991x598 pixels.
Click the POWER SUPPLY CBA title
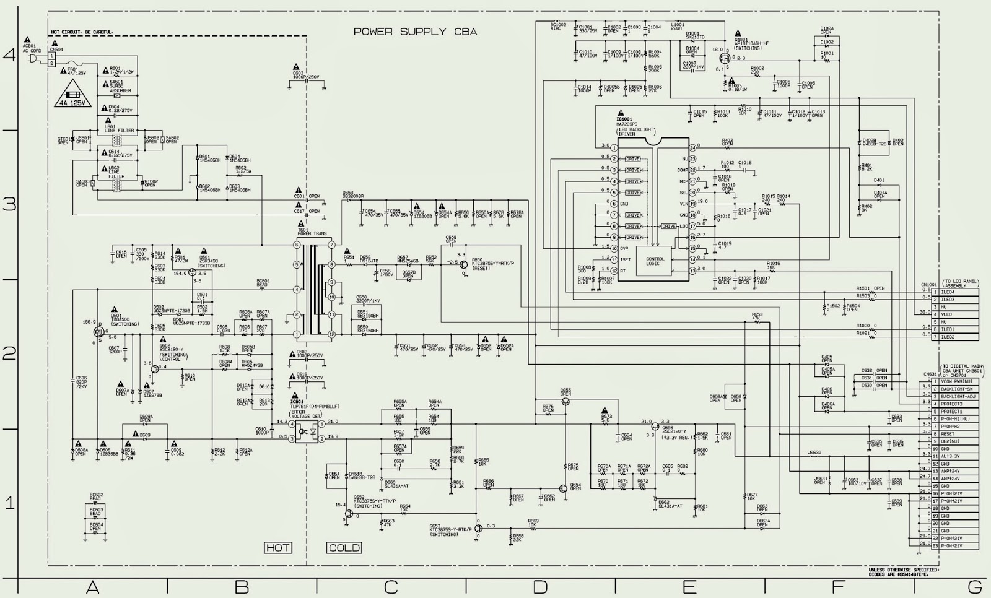click(415, 32)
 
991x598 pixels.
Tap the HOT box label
click(278, 547)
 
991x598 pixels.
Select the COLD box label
click(344, 547)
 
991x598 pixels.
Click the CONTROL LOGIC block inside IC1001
click(655, 261)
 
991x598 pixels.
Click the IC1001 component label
click(624, 118)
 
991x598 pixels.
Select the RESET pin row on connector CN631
click(948, 434)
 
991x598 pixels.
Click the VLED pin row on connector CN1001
click(948, 314)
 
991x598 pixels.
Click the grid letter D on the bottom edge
click(540, 587)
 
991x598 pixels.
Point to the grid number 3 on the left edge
click(9, 204)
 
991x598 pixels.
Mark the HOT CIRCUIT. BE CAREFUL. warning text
click(82, 32)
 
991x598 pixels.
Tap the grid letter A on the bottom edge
click(93, 587)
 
